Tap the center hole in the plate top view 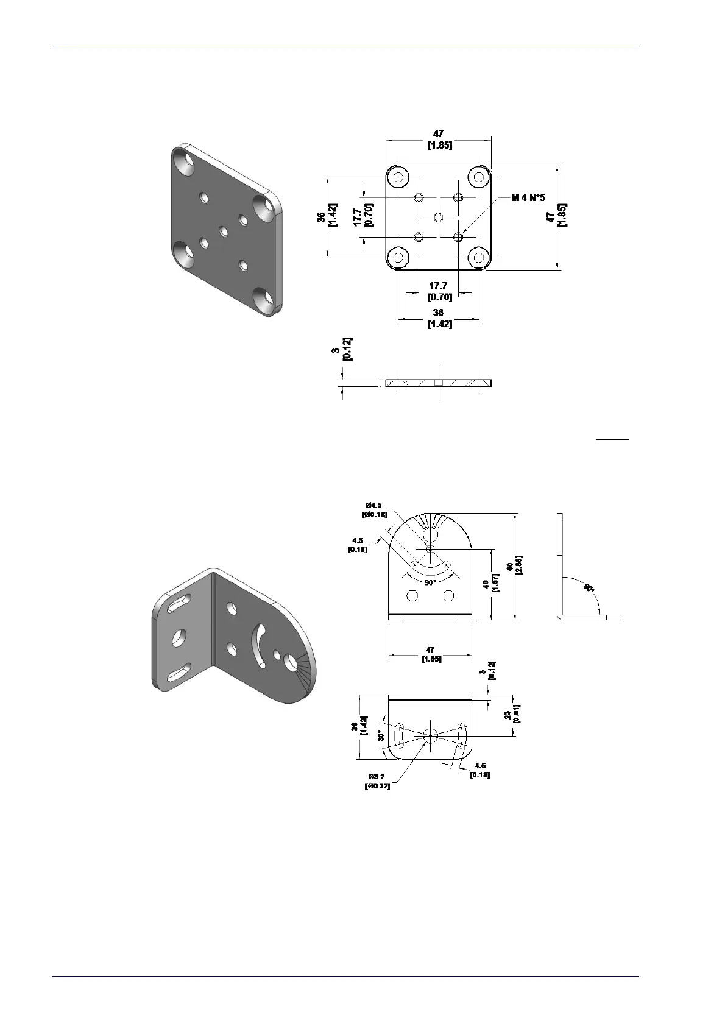[439, 217]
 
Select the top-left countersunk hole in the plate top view [398, 177]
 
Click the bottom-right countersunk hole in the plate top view [479, 258]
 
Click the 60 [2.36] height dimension [513, 566]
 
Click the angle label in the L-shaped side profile [589, 588]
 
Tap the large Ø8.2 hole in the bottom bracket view [430, 735]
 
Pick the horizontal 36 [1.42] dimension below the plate [439, 318]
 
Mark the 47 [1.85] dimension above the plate [439, 140]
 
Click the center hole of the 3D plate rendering [224, 231]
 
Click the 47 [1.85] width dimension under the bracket [431, 654]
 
